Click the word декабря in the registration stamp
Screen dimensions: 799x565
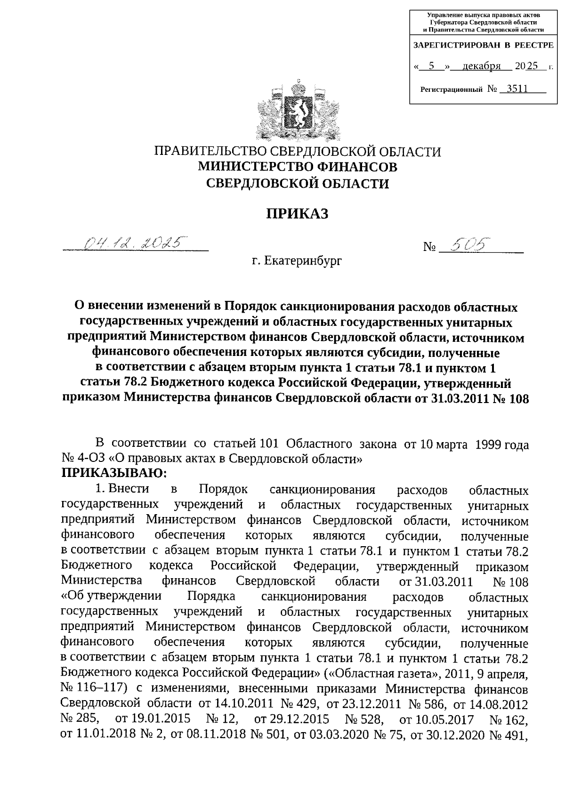[x=481, y=66]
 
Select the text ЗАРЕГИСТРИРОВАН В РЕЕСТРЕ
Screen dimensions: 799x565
[x=483, y=46]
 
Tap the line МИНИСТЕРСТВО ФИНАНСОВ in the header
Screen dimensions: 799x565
[x=297, y=167]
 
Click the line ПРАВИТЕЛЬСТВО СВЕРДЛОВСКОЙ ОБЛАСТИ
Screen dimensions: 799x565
[x=298, y=152]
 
